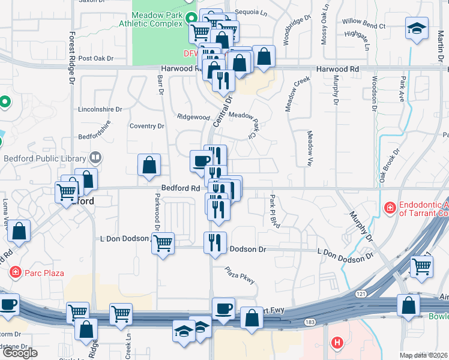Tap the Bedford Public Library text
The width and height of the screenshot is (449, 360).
tap(44, 158)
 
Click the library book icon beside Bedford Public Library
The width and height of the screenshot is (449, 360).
tap(95, 158)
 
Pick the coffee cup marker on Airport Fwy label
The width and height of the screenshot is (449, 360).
tap(223, 308)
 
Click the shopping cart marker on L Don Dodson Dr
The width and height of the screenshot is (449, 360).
tap(163, 243)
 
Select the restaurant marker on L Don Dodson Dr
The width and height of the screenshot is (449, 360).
tap(215, 242)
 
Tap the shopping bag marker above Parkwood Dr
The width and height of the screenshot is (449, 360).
tap(149, 165)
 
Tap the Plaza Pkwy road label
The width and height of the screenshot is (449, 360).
tap(241, 275)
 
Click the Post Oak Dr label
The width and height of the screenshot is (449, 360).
tap(95, 59)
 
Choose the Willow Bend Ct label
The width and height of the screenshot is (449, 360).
tap(364, 26)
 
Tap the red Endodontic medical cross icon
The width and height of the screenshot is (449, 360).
tap(390, 208)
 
